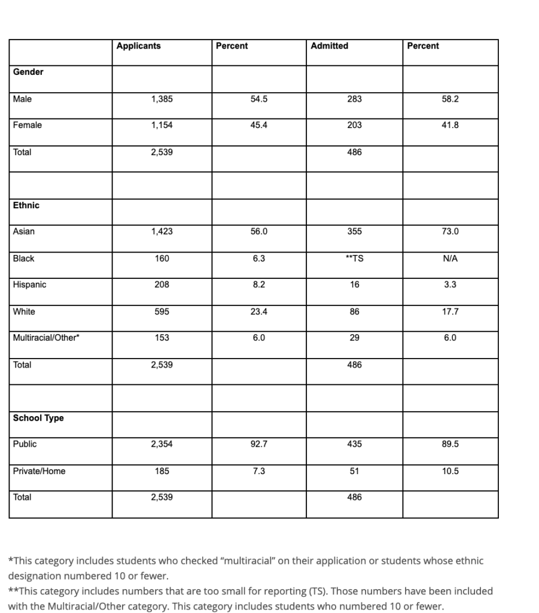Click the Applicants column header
(139, 46)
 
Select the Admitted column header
(330, 46)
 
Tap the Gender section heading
(28, 72)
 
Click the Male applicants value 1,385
(162, 99)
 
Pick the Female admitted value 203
(354, 126)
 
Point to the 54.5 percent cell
(259, 99)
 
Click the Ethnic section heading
(26, 205)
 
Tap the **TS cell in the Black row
(354, 259)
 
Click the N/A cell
(450, 259)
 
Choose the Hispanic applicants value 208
(162, 285)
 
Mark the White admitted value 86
(354, 312)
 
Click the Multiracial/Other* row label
(47, 338)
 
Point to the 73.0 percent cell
(450, 232)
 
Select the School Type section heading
(38, 418)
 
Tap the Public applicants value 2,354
(162, 444)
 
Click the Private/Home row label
(39, 471)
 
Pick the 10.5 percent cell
(450, 471)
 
